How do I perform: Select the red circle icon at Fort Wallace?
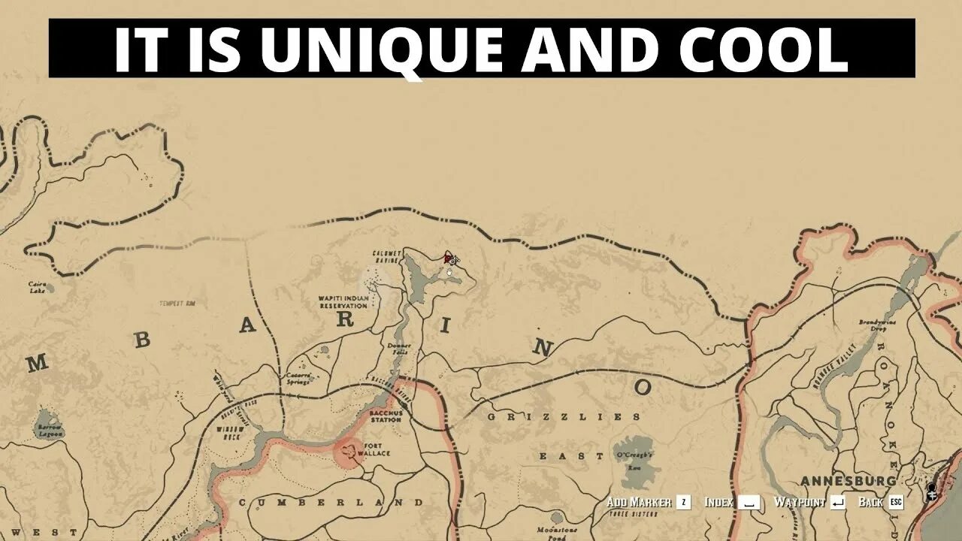pyautogui.click(x=349, y=452)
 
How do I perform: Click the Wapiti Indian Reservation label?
pyautogui.click(x=344, y=302)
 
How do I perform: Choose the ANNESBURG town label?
pyautogui.click(x=848, y=481)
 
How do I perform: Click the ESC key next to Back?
pyautogui.click(x=895, y=502)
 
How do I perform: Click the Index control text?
pyautogui.click(x=718, y=502)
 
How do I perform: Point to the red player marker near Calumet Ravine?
pyautogui.click(x=449, y=258)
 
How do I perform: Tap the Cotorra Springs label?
pyautogui.click(x=298, y=378)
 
